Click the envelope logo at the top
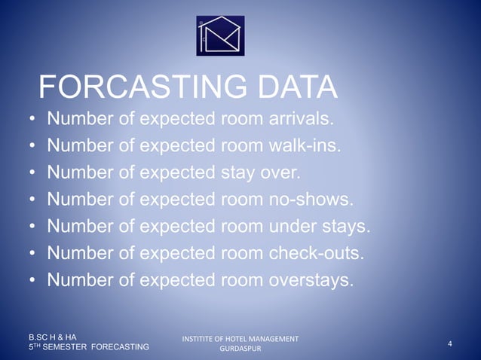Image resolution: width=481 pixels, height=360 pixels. pos(221,35)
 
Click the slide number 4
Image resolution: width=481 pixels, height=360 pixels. pos(449,344)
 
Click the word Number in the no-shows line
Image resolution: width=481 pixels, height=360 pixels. pos(79,200)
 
